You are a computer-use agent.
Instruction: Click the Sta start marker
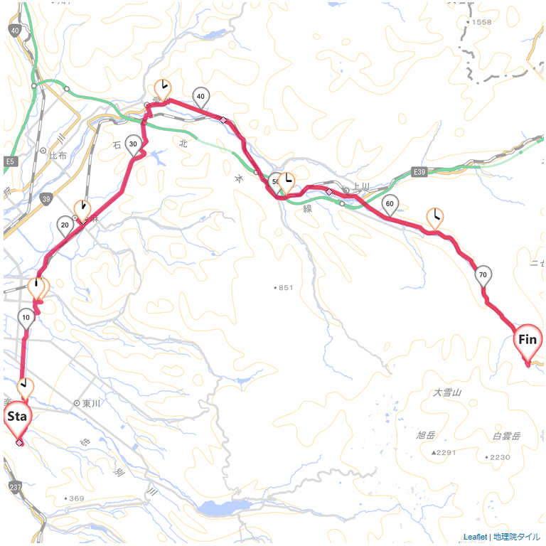17,417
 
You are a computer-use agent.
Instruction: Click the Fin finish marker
527,340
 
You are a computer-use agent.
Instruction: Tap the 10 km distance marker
26,317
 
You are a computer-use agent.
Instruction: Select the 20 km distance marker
65,225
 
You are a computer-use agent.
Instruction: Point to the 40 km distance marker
200,97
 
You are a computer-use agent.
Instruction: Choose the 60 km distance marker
390,203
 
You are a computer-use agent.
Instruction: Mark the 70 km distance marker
483,275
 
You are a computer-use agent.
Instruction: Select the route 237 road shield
15,487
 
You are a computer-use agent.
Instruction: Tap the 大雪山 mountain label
447,392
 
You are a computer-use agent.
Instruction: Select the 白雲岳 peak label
506,435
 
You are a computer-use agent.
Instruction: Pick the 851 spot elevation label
284,287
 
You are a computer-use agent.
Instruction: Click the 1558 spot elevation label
481,22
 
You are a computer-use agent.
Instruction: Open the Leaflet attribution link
475,537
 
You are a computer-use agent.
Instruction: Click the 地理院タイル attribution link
517,537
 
